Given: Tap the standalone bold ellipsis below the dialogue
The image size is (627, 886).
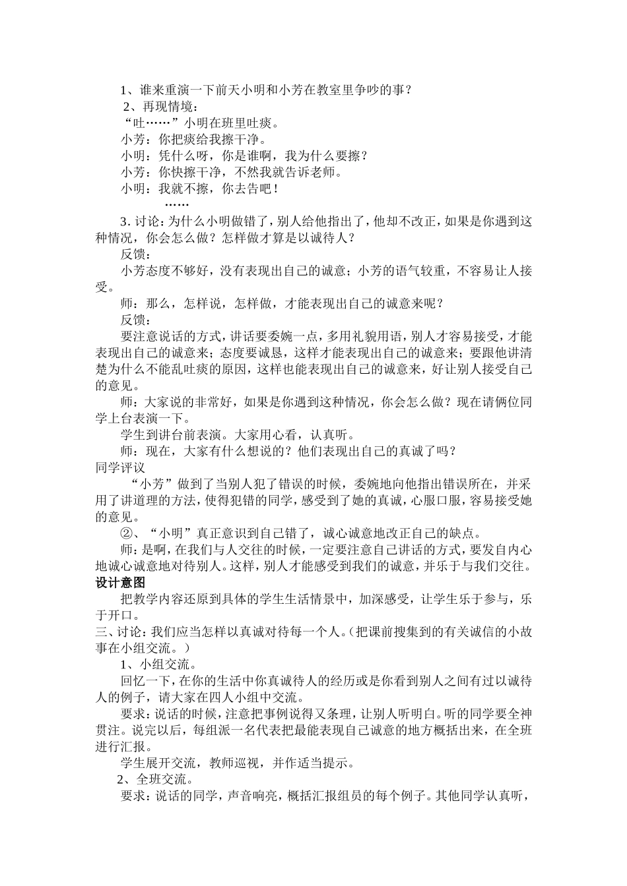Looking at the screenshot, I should point(176,205).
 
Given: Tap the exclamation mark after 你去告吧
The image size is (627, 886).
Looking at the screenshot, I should point(276,189).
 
